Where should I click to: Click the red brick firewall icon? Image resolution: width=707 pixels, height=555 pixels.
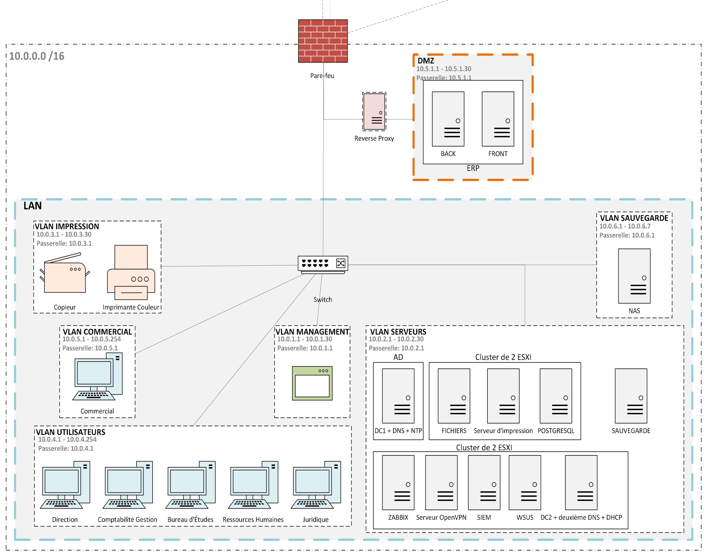(323, 41)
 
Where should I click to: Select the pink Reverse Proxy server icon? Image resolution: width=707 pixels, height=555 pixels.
(374, 111)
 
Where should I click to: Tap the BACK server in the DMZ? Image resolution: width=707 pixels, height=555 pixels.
(448, 119)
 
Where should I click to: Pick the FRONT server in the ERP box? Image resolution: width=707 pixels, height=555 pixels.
(498, 119)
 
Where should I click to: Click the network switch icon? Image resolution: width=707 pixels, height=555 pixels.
(323, 264)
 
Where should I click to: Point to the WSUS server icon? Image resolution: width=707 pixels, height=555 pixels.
(525, 483)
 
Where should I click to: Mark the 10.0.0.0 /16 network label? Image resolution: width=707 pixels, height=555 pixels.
(37, 56)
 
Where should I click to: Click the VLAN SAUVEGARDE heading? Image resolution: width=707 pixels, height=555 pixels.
(634, 218)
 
